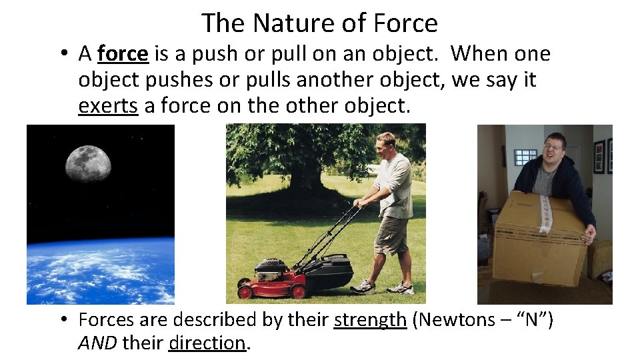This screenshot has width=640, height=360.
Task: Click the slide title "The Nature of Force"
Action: click(x=319, y=23)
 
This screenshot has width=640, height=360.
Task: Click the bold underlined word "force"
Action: click(x=123, y=53)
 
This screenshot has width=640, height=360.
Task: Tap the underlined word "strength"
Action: click(x=370, y=320)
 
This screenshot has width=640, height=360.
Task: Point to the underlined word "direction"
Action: click(x=207, y=343)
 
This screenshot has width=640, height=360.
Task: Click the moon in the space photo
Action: click(x=88, y=164)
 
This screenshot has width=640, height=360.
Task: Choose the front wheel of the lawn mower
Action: click(x=245, y=291)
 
